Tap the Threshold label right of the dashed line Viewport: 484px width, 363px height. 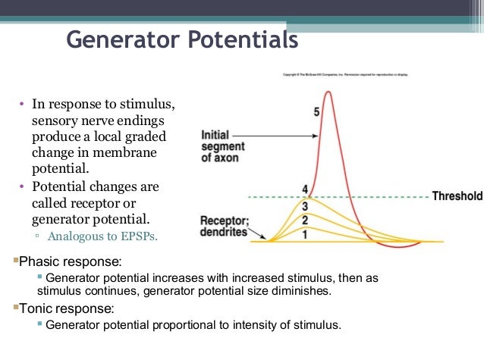(x=457, y=196)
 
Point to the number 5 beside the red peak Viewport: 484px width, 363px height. (x=316, y=113)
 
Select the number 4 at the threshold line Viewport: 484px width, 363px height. (x=305, y=189)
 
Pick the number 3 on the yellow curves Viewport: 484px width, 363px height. (x=305, y=206)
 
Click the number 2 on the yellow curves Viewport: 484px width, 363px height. (x=305, y=221)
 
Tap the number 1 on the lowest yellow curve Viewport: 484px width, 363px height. (x=305, y=234)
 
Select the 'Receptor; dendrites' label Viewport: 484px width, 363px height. (x=224, y=227)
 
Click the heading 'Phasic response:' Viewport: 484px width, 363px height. (x=69, y=261)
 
